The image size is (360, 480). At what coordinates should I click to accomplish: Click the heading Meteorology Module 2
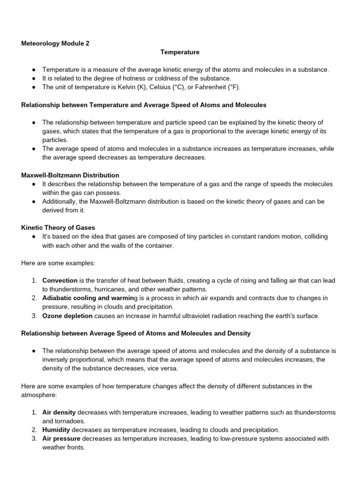(x=55, y=44)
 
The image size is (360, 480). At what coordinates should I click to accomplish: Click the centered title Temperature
(x=180, y=52)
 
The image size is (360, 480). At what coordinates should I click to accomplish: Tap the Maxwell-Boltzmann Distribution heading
(x=70, y=175)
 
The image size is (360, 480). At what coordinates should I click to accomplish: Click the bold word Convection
(x=60, y=280)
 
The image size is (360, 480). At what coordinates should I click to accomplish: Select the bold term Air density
(x=59, y=412)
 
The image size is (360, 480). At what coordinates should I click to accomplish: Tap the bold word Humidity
(x=56, y=430)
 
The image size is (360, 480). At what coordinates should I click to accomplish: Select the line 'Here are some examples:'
(x=58, y=263)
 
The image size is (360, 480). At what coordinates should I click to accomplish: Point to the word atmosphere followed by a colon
(x=39, y=395)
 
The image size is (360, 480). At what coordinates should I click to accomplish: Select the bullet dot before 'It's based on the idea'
(x=35, y=236)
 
